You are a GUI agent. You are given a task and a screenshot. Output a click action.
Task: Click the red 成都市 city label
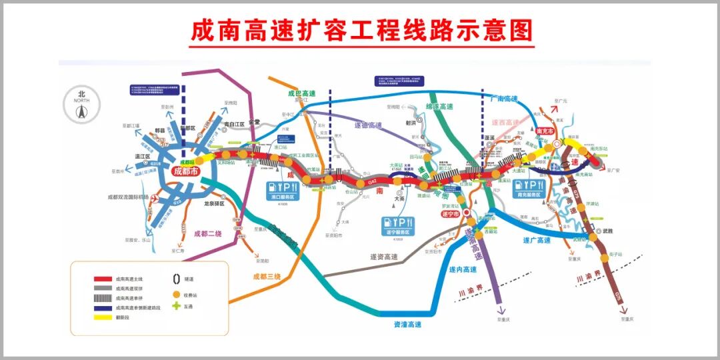tap(185, 171)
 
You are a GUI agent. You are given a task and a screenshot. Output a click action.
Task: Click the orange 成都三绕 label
tap(267, 276)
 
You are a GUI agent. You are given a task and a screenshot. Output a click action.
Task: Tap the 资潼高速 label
tap(407, 324)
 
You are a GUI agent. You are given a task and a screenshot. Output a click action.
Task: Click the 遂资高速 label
tap(383, 257)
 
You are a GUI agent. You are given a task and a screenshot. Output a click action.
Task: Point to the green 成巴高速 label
tap(301, 95)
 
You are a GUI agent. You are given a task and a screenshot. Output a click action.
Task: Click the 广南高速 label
tap(503, 99)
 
